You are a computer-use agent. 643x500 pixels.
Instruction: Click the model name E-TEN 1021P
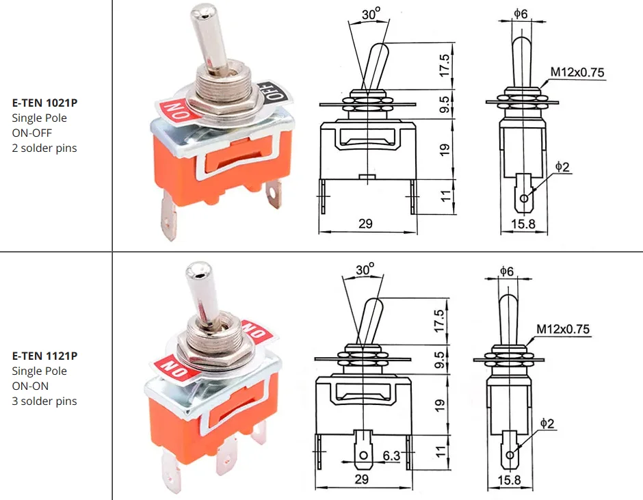[x=44, y=103]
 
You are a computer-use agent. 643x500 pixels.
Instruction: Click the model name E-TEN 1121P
[x=44, y=356]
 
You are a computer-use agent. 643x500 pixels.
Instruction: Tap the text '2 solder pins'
[x=44, y=148]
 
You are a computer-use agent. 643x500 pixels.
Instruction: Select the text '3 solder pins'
[x=44, y=401]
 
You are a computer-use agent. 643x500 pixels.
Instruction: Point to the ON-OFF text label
[x=32, y=133]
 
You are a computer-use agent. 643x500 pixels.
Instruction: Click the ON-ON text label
[x=30, y=386]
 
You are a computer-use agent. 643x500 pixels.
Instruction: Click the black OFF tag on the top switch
[x=274, y=92]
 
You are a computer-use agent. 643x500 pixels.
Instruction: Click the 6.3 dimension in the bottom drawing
[x=391, y=456]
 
